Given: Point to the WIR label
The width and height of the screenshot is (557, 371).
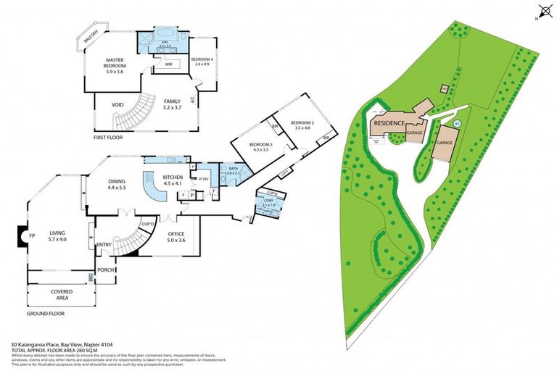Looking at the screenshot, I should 168,64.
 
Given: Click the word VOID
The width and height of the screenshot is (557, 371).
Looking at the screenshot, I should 117,104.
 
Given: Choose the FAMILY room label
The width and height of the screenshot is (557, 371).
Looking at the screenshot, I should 172,101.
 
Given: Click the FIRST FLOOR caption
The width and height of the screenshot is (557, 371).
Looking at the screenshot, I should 110,136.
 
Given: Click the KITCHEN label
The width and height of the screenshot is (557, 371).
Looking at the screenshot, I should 172,178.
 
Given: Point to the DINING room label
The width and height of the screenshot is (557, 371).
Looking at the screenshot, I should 117,181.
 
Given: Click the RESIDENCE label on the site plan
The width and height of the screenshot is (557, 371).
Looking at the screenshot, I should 389,123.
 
